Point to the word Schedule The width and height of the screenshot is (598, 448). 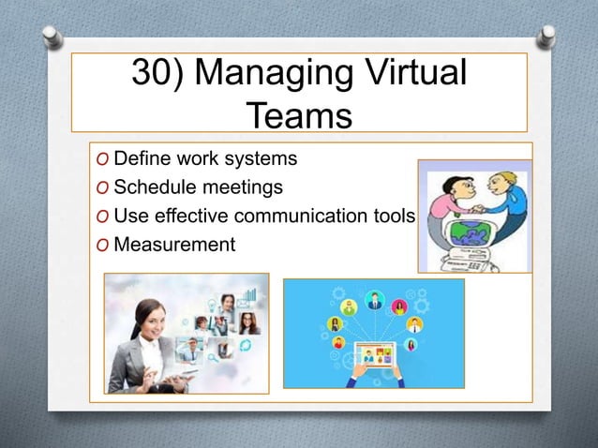click(x=151, y=187)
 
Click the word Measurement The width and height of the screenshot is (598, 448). click(x=173, y=246)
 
